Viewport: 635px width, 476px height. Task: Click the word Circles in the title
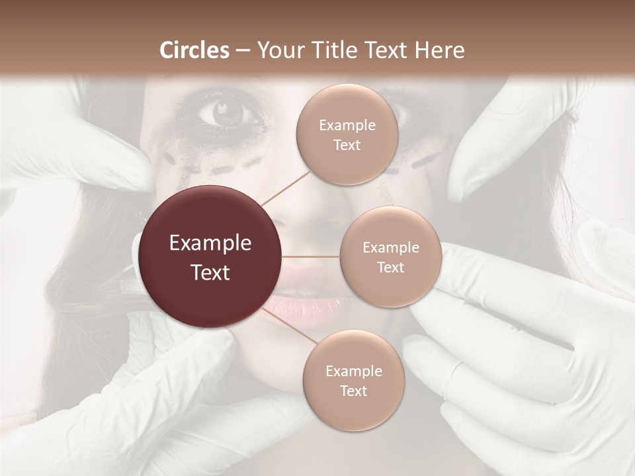tap(194, 50)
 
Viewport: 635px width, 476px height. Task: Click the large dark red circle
tap(210, 257)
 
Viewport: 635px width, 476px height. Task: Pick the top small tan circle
tap(347, 135)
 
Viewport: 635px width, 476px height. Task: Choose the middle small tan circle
tap(390, 257)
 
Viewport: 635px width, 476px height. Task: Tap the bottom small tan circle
tap(353, 380)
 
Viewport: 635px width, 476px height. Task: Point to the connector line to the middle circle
tap(310, 257)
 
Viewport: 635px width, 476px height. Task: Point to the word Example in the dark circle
tap(210, 243)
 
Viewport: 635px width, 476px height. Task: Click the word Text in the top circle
tap(347, 145)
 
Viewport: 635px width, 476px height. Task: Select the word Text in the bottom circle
tap(353, 391)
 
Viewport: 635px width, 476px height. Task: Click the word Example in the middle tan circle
tap(390, 247)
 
